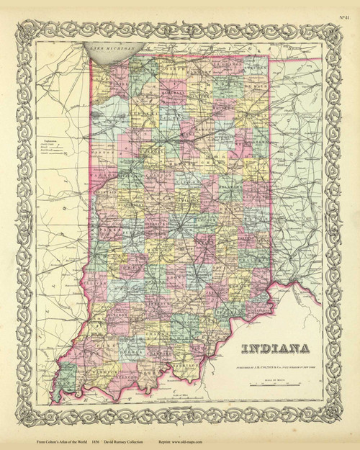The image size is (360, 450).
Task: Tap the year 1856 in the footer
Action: click(x=99, y=441)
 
